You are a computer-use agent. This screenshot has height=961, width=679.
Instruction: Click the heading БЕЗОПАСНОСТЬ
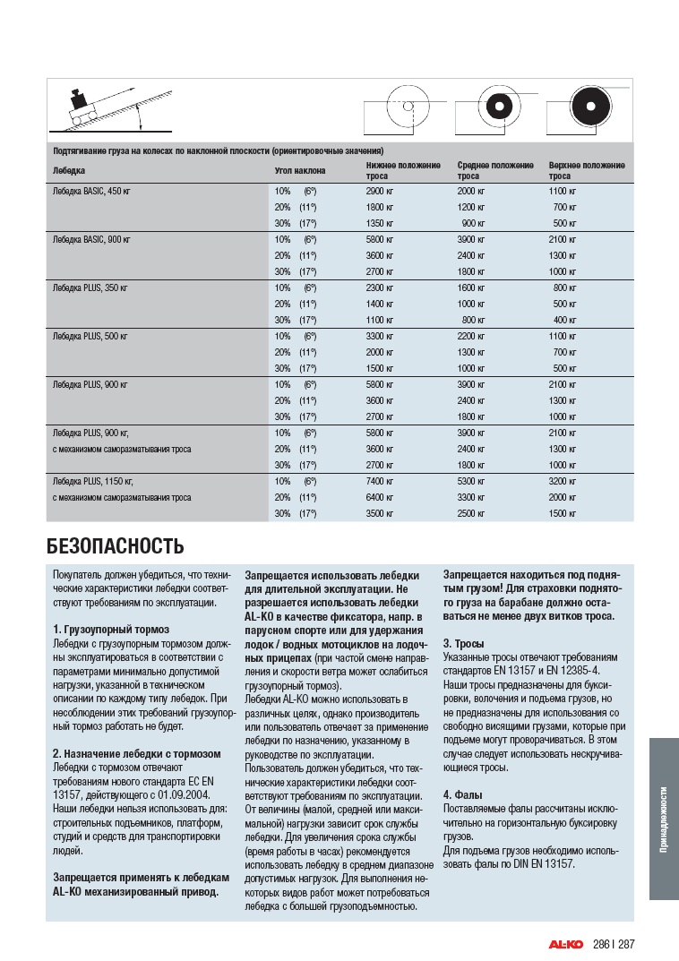[115, 545]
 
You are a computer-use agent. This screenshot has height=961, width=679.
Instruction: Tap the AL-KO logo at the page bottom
[566, 944]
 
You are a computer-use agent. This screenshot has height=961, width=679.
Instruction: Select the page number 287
[626, 944]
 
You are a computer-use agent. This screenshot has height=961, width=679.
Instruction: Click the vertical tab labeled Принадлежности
[663, 819]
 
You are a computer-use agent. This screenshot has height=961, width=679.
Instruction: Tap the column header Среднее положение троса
[495, 170]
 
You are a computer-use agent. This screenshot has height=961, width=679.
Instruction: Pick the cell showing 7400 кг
[380, 481]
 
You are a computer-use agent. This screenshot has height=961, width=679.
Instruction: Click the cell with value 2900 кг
[380, 191]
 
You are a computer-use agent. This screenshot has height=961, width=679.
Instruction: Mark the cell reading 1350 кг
[380, 223]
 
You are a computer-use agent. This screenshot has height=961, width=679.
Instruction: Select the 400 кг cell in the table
[564, 320]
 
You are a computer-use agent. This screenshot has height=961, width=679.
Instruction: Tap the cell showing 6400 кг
[380, 497]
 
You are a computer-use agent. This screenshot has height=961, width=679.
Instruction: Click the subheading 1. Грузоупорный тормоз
[110, 630]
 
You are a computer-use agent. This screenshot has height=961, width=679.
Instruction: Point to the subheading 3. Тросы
[464, 644]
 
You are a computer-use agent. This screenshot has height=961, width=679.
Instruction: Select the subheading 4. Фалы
[463, 794]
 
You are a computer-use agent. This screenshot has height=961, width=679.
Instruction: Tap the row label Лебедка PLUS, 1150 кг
[92, 481]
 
